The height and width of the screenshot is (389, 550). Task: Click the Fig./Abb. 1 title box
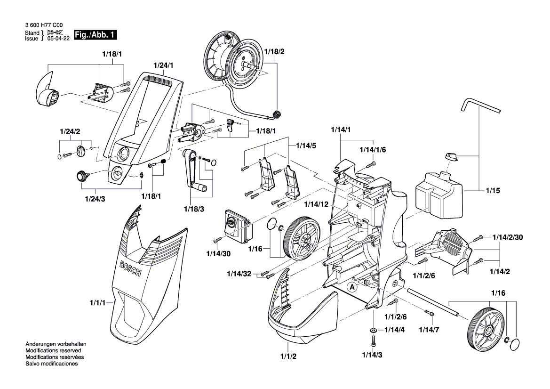point(95,35)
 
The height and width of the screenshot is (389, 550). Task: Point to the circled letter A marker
point(351,286)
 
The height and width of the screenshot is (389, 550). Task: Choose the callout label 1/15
point(493,191)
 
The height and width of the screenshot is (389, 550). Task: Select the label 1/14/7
point(429,329)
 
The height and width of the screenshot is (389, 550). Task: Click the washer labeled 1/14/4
point(373,330)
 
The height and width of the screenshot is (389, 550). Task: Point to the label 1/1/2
point(287,356)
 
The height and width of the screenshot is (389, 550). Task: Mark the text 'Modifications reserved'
point(53,351)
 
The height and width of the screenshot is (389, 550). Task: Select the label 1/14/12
point(315,203)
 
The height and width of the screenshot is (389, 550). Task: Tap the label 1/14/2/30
point(508,237)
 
